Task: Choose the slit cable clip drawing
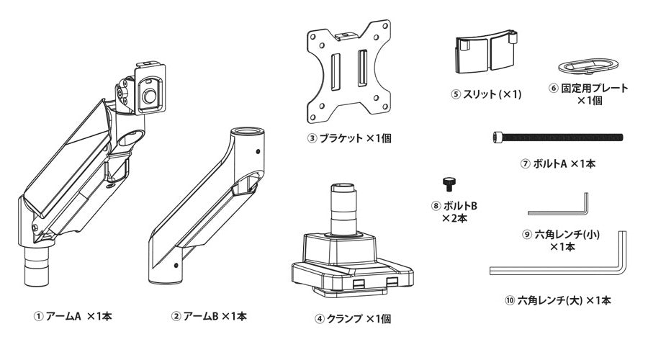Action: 486,53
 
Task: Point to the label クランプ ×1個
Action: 353,318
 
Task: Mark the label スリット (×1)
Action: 486,94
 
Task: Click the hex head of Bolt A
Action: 495,137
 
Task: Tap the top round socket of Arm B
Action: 246,132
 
